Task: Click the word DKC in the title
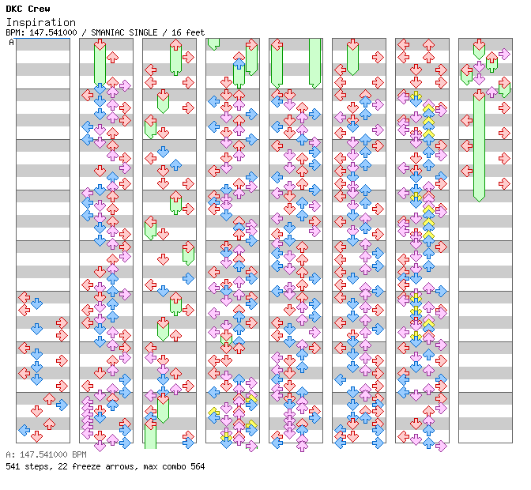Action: [x=13, y=9]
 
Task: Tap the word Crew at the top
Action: [x=37, y=9]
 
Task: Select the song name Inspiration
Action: [x=41, y=22]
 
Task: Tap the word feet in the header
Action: [x=194, y=32]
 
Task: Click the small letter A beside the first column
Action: [x=11, y=43]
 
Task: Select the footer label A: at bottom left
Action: [x=9, y=455]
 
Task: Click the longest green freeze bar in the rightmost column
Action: [x=479, y=146]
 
